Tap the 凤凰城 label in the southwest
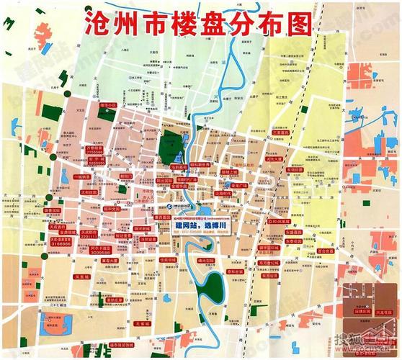[62, 276]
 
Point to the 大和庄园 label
[89, 192]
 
